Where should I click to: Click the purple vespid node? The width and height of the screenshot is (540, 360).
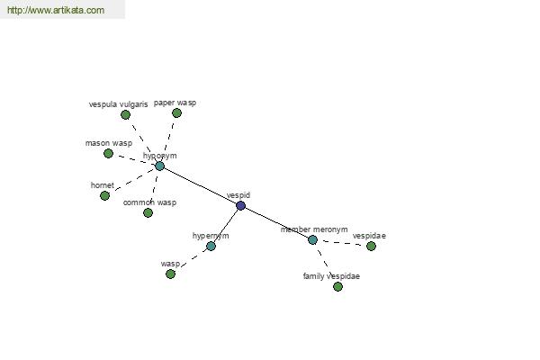[240, 206]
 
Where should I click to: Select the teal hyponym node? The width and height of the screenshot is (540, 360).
[159, 166]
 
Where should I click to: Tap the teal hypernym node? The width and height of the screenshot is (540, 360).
[211, 246]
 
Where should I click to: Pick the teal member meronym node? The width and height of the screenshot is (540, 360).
[312, 239]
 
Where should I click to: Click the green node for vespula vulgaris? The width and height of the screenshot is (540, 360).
[125, 114]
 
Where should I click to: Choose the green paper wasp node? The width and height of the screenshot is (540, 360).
[176, 113]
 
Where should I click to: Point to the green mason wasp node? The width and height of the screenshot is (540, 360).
[108, 153]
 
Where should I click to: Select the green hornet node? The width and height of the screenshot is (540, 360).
[104, 195]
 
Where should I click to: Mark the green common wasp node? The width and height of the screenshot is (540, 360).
[148, 213]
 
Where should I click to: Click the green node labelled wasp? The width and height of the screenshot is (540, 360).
[170, 274]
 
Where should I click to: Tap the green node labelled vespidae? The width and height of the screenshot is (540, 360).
[371, 246]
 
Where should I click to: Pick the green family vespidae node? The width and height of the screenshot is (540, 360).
[337, 286]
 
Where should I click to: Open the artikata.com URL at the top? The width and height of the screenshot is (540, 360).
[56, 10]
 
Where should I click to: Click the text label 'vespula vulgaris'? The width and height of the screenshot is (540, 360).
[118, 104]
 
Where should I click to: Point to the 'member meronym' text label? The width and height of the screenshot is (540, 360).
[314, 229]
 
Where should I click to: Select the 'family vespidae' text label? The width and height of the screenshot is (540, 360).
[331, 276]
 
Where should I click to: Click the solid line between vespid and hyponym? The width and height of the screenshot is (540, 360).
[200, 186]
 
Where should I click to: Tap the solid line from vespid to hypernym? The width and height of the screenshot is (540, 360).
[226, 226]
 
